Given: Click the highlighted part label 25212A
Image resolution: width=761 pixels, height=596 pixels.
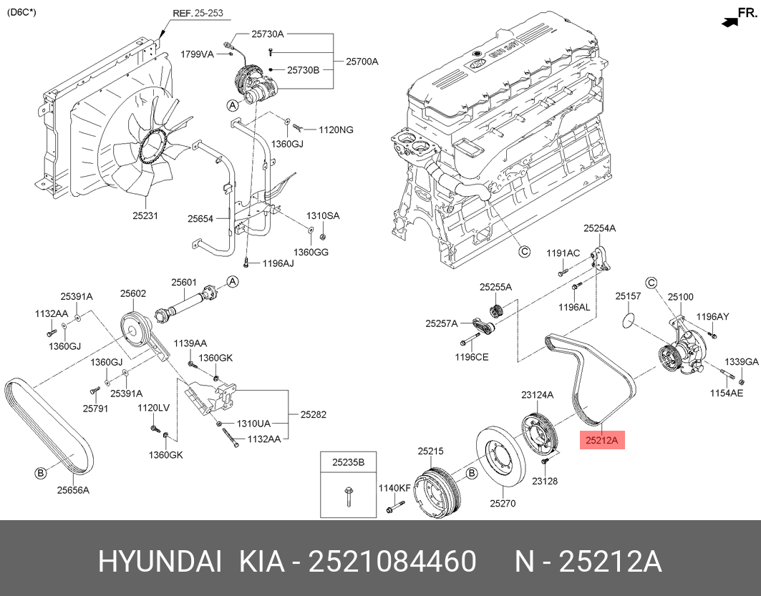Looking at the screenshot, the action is coord(602,440).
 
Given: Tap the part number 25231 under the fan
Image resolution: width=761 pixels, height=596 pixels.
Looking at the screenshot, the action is coord(145,216).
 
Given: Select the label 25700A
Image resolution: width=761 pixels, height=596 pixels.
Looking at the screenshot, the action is coord(362,62).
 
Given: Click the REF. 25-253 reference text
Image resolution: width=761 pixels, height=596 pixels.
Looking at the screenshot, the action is coord(198,13).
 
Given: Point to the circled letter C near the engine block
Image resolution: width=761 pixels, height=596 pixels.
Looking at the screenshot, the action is coord(524,252).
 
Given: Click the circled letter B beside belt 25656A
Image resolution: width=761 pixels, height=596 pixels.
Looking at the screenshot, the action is coord(40,473).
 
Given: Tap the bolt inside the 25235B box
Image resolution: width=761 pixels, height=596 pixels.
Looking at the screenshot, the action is coord(349,496).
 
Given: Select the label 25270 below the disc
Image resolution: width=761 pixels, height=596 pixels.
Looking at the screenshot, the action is coord(503,504).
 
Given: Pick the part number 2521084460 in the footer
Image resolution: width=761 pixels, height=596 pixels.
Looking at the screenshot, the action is coord(392,562).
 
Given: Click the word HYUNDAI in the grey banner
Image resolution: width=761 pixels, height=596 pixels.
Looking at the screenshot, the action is coord(160,562).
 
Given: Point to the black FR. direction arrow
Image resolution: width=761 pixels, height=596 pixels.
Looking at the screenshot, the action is coord(729,22).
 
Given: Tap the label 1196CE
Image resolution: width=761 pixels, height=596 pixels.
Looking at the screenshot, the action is coord(471,358).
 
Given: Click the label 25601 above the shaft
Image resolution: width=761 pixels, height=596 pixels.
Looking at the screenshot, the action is coord(184,282).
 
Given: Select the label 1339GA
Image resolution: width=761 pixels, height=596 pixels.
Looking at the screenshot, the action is coord(742,362).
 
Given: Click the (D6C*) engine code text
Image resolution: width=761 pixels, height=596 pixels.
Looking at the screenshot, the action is coord(21,12).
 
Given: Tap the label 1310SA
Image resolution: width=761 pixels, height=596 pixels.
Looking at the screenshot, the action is coord(323,216).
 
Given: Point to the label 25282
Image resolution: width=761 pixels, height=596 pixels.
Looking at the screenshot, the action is coord(313,415).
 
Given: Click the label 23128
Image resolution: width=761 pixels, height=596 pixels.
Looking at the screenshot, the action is coord(545,481).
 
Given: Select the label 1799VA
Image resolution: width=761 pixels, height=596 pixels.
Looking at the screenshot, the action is coord(197,54).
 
